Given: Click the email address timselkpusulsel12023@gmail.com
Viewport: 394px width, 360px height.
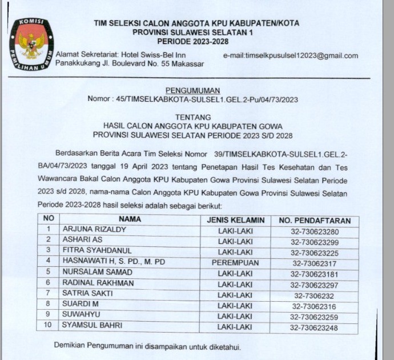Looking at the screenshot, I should coord(290,55).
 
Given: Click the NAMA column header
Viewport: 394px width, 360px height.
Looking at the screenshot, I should coord(130,219).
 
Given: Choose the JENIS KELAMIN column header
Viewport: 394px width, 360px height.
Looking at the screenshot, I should coord(235,219).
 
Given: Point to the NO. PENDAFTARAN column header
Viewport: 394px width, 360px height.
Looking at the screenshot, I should coord(314,220).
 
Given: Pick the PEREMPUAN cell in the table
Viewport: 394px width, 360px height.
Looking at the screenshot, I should coord(235,262).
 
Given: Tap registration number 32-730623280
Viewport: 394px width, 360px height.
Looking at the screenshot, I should coord(314,230).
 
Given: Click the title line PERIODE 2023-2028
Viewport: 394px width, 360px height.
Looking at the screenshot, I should coord(196,42).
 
